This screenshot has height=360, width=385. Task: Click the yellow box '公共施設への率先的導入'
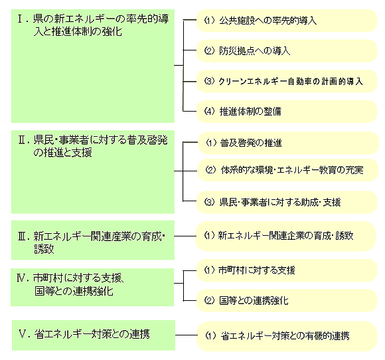287,21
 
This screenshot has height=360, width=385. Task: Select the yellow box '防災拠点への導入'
287,51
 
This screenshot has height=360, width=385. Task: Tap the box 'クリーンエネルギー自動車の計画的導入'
287,81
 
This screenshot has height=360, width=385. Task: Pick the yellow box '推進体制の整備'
287,112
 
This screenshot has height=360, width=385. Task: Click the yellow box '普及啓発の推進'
288,143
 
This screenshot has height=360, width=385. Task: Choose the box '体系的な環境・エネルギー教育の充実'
288,170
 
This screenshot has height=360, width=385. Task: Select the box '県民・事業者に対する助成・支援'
287,202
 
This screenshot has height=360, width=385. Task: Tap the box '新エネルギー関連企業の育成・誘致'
285,236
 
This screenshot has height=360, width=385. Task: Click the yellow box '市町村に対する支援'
287,270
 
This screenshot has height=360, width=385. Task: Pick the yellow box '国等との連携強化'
287,300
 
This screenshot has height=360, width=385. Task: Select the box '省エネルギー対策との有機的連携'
287,336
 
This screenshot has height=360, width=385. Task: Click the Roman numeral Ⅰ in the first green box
21,19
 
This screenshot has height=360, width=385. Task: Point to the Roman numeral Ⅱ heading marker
23,140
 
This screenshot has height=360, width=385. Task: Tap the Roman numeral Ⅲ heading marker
23,236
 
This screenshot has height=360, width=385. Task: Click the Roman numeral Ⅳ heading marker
23,278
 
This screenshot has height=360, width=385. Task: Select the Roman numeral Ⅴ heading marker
23,334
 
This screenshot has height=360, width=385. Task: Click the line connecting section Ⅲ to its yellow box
185,236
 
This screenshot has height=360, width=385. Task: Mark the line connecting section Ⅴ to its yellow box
186,335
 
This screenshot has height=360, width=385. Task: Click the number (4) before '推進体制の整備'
210,112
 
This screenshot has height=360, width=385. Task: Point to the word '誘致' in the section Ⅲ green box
44,248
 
